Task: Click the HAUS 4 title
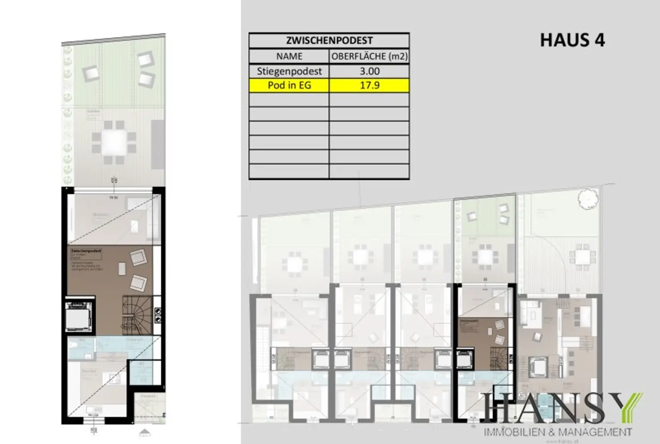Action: click(572, 40)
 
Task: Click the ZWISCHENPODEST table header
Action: click(329, 40)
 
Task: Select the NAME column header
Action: click(289, 56)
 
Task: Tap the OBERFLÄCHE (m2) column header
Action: click(369, 56)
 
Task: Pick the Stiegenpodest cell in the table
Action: click(289, 71)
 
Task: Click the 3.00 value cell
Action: click(369, 71)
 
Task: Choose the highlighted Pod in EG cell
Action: click(289, 85)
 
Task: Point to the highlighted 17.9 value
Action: click(369, 85)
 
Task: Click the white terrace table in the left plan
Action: click(114, 142)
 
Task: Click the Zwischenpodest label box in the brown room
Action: click(86, 254)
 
